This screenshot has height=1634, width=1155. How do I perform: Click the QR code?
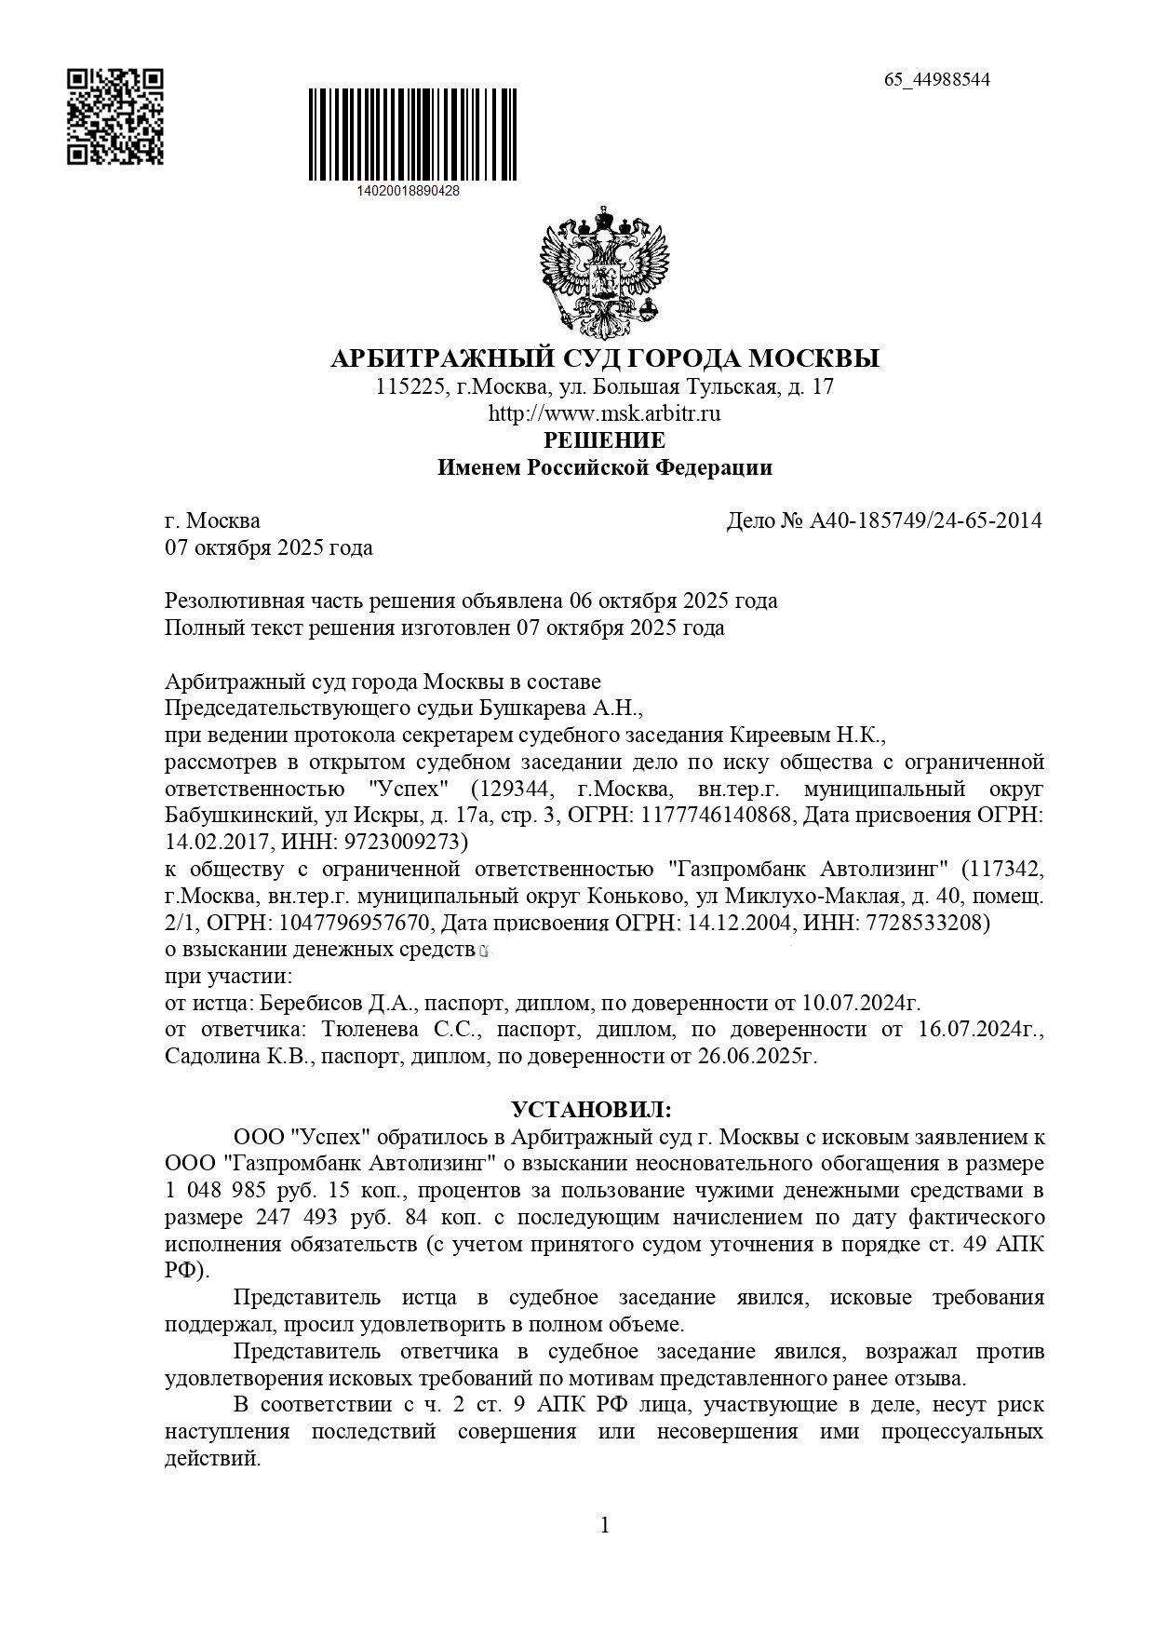[115, 116]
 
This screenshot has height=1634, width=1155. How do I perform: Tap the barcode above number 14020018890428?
[412, 134]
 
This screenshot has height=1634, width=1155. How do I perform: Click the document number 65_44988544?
[936, 79]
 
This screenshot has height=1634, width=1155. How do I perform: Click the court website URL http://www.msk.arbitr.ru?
[605, 413]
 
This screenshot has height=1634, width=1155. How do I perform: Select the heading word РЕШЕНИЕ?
[605, 439]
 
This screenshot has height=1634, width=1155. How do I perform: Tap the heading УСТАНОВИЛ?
[591, 1110]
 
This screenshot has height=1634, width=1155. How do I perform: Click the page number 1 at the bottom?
[605, 1524]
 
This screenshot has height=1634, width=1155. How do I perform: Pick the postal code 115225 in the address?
[407, 386]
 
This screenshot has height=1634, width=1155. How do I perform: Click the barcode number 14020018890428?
[408, 190]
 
